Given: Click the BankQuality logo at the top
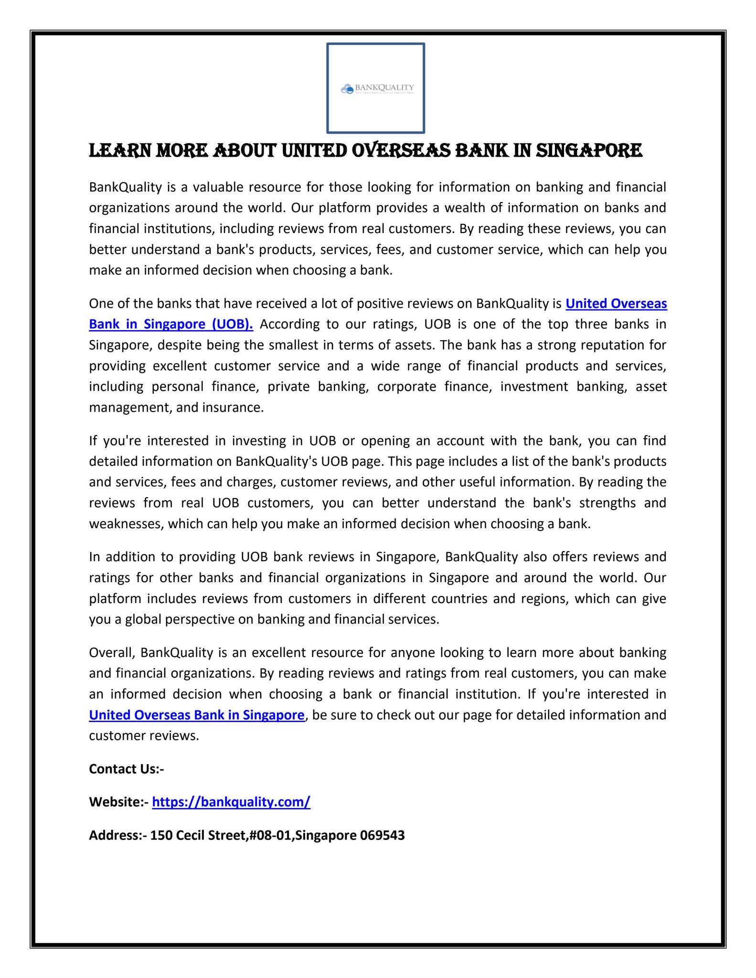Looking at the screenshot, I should [x=376, y=88].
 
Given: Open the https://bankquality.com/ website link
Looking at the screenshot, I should [x=231, y=802].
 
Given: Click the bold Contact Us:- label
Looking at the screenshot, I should [x=127, y=769].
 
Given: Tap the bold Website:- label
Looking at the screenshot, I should [x=119, y=802].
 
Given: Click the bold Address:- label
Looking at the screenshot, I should [x=117, y=835].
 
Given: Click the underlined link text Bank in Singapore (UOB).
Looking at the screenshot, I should [x=171, y=324].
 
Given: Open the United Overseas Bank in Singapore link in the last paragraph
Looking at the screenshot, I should [x=197, y=715].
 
